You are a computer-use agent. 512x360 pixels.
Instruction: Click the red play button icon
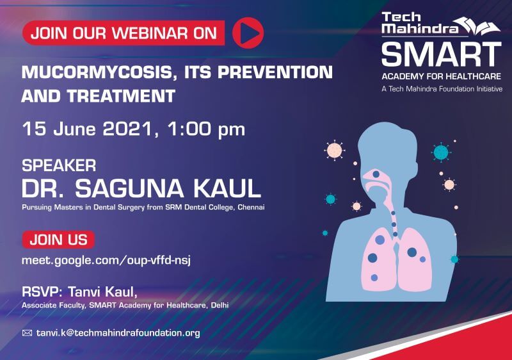point(248,33)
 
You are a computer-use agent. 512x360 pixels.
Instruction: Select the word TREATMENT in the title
point(122,96)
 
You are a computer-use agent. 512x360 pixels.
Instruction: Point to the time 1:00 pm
point(206,129)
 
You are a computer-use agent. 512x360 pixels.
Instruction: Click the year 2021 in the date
point(127,129)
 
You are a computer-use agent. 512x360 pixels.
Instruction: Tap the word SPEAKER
point(59,165)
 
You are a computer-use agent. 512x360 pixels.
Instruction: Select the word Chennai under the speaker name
point(251,207)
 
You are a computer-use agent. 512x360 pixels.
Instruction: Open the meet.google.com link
point(106,260)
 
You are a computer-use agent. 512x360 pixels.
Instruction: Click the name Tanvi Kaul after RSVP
point(102,291)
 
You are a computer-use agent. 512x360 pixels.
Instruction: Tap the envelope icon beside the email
point(27,333)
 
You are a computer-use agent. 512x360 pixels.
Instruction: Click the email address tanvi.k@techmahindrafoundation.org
point(118,333)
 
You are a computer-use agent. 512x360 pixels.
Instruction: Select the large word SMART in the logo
point(442,54)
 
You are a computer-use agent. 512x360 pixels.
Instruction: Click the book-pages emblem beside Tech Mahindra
point(477,26)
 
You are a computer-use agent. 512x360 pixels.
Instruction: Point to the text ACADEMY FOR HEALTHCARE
point(441,76)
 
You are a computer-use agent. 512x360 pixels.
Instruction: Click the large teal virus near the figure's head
point(441,152)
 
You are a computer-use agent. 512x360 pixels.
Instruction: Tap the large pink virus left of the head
point(334,151)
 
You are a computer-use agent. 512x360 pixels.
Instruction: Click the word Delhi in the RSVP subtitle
point(220,306)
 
